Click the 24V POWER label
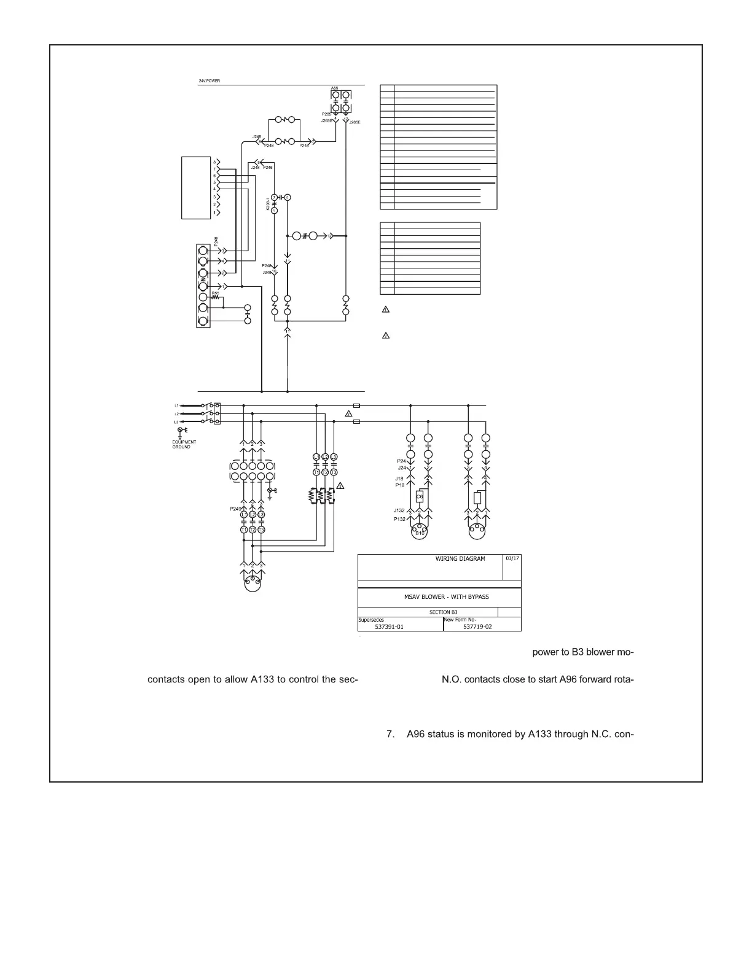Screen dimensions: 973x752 coord(209,81)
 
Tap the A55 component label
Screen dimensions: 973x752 coord(334,88)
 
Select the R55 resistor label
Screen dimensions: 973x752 coord(216,293)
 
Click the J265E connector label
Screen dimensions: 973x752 coord(354,123)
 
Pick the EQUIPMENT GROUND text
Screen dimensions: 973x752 coord(184,444)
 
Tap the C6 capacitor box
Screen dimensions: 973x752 coord(420,496)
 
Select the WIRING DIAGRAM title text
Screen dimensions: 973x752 coord(460,559)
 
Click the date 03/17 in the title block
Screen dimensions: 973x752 coord(512,558)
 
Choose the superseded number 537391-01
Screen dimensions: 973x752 coord(389,627)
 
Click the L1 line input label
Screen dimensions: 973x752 coord(176,405)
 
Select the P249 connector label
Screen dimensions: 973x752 coord(235,509)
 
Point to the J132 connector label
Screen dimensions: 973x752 coord(399,510)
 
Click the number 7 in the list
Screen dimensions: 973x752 coord(390,734)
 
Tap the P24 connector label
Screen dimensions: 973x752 coord(401,461)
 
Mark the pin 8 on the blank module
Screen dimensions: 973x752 coord(214,162)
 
